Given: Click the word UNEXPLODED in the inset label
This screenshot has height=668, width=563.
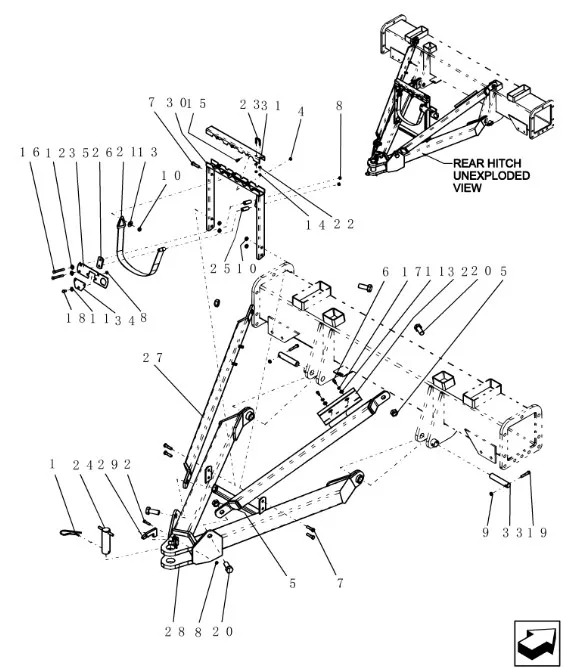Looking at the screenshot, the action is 491,176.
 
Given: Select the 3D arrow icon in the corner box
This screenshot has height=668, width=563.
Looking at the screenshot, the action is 537,644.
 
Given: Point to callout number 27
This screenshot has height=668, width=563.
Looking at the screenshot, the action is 152,358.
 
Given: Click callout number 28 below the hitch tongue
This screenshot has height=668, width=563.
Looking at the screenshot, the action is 175,632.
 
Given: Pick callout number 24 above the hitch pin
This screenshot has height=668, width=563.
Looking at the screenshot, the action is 83,465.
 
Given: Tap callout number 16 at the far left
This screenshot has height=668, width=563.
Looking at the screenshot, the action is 29,152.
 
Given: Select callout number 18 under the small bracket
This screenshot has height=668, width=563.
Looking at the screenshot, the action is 75,319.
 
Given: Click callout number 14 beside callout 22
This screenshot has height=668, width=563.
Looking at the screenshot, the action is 315,225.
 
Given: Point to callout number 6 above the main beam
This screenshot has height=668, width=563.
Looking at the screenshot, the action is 385,272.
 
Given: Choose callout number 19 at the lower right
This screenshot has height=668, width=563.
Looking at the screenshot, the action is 537,533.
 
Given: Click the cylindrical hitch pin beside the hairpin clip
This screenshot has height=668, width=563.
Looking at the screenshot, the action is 105,540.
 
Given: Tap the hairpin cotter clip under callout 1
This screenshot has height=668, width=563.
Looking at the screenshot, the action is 71,532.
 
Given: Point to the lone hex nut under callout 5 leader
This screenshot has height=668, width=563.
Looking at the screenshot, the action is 394,412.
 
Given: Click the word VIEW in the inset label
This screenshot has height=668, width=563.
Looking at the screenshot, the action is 467,188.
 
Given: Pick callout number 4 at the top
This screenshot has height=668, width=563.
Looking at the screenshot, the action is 301,112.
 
